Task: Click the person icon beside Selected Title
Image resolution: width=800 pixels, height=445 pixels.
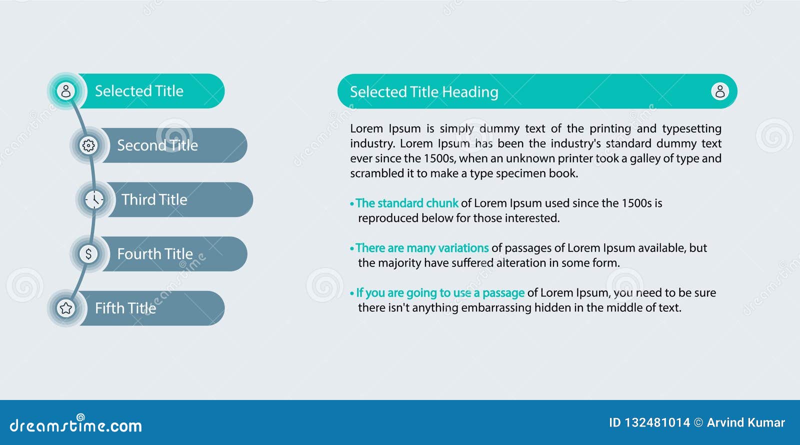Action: [x=65, y=91]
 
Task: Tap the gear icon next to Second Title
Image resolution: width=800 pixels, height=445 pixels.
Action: [x=88, y=145]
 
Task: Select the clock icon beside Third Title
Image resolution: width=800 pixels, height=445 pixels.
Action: [x=94, y=199]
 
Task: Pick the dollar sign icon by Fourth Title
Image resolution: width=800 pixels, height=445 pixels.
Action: [x=88, y=254]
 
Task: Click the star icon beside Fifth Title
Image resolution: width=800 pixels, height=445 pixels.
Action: [x=65, y=308]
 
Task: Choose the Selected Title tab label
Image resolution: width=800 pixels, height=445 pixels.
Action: [x=139, y=91]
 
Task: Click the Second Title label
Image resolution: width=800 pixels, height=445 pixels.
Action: [x=157, y=145]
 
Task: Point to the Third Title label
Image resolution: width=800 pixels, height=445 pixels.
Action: [x=154, y=199]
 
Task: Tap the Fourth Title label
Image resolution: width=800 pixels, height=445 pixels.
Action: [x=155, y=254]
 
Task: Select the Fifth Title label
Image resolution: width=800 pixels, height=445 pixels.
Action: [x=125, y=308]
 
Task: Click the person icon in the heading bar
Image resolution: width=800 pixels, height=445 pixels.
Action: [x=720, y=91]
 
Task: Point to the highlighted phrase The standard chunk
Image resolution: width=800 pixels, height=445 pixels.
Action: [x=407, y=203]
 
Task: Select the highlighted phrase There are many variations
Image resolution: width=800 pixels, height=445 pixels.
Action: [x=422, y=248]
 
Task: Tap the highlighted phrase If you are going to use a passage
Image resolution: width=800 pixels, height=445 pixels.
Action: [x=440, y=293]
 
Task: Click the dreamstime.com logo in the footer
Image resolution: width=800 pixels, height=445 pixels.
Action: [x=76, y=425]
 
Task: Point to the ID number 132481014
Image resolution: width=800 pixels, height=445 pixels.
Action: [x=657, y=423]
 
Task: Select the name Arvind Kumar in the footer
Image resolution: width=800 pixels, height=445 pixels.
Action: [x=745, y=423]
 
